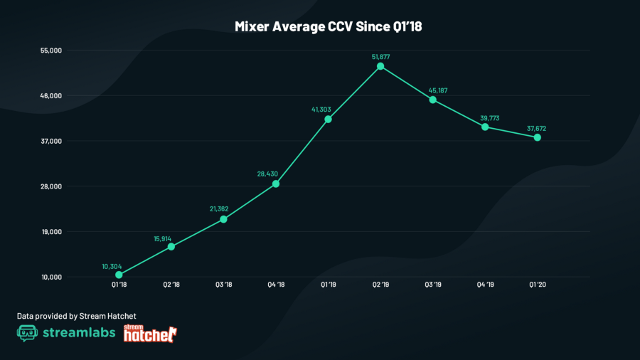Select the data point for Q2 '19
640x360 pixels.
(380, 66)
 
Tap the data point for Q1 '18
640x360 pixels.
(119, 275)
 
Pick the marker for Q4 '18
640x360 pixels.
(276, 184)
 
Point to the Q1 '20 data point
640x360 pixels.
(538, 137)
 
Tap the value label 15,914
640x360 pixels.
(171, 238)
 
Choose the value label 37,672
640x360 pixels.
(537, 128)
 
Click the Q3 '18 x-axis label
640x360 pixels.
(223, 285)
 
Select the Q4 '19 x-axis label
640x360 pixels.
(485, 285)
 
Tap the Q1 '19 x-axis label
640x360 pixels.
(328, 285)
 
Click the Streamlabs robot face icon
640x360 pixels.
(27, 333)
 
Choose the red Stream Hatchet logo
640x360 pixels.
(150, 333)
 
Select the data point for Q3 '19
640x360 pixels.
(433, 100)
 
